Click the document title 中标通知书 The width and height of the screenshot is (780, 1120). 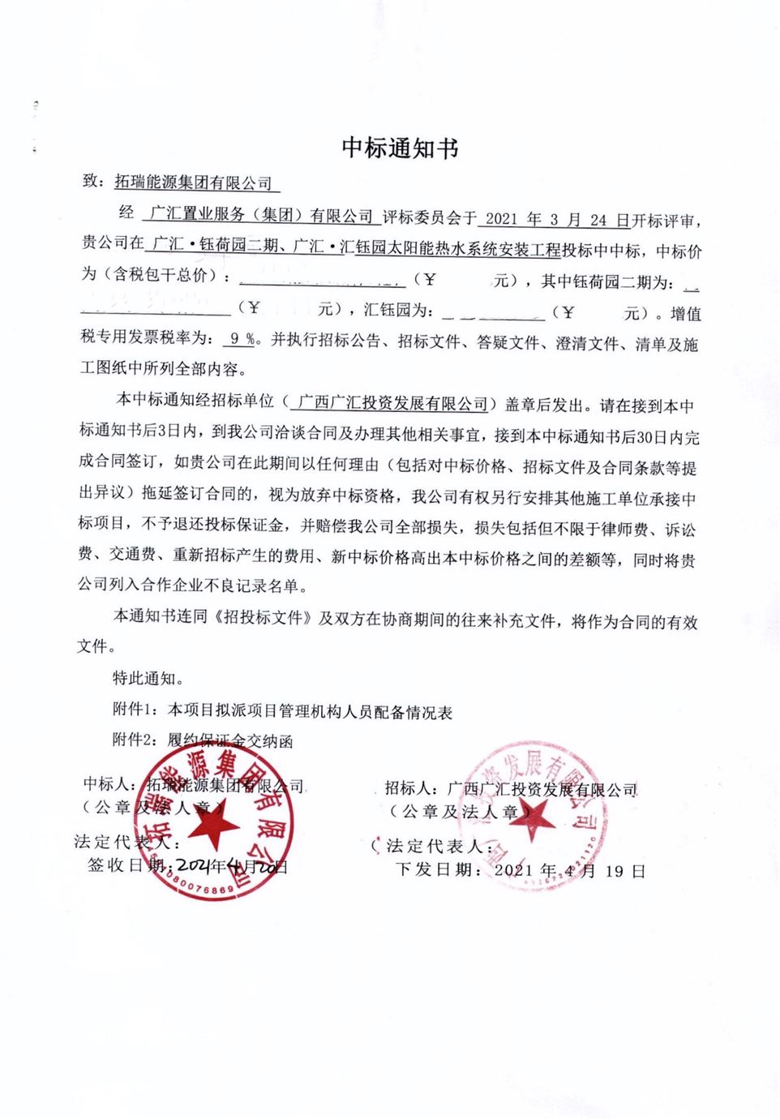[400, 147]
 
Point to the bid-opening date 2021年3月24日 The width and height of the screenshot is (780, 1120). [556, 219]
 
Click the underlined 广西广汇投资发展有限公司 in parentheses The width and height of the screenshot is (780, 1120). [392, 403]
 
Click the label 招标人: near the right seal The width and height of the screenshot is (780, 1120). [410, 787]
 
